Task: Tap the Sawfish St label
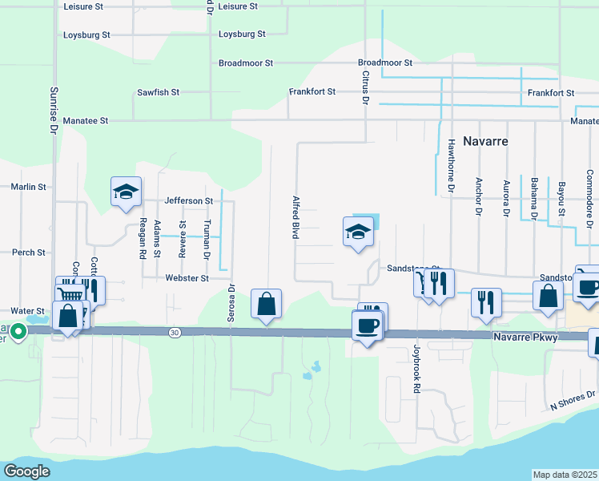click(x=158, y=92)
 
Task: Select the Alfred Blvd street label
click(x=295, y=216)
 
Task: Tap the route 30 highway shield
click(x=174, y=332)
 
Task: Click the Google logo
click(x=27, y=471)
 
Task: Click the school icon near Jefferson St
click(x=126, y=192)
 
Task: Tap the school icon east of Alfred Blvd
click(x=358, y=232)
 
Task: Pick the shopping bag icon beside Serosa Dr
click(x=266, y=305)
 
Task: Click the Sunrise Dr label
click(x=54, y=109)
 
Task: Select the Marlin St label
click(x=28, y=187)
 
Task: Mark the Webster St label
click(x=187, y=278)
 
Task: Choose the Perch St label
click(x=29, y=253)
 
